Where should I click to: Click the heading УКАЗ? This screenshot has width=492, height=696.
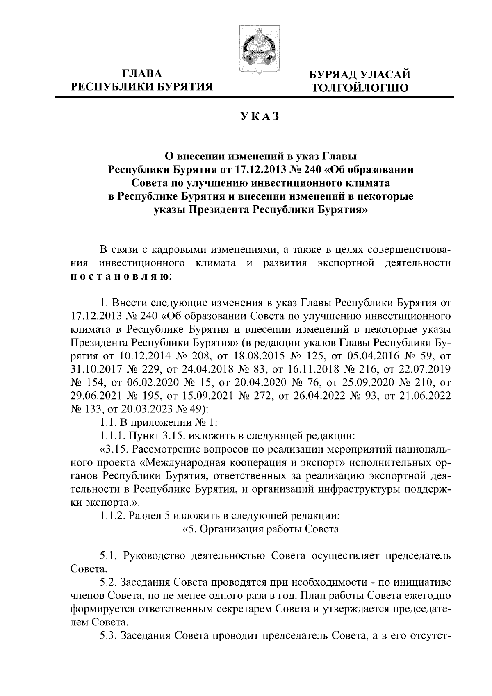click(260, 116)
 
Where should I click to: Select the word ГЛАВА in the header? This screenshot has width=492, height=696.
click(142, 74)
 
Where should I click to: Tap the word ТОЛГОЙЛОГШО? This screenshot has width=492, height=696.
click(360, 87)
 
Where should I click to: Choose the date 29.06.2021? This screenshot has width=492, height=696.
click(96, 396)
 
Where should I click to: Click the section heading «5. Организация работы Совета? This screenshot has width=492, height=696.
click(260, 529)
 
